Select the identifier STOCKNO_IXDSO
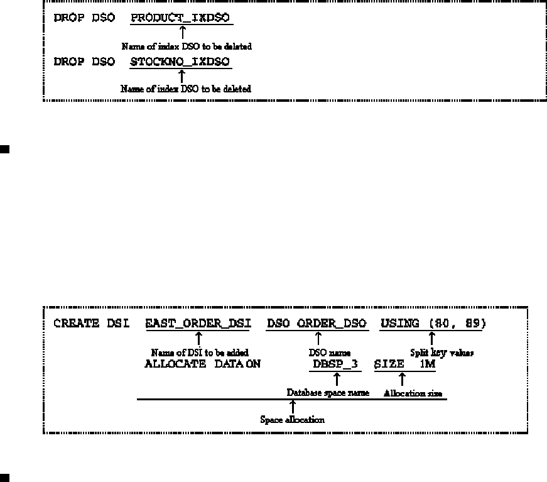point(180,62)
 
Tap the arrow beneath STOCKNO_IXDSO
point(182,76)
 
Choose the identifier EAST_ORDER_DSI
point(198,324)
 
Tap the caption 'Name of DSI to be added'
point(200,353)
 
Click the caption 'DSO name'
point(318,353)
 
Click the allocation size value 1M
point(427,364)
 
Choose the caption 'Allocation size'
point(413,393)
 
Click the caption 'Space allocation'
point(293,419)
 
